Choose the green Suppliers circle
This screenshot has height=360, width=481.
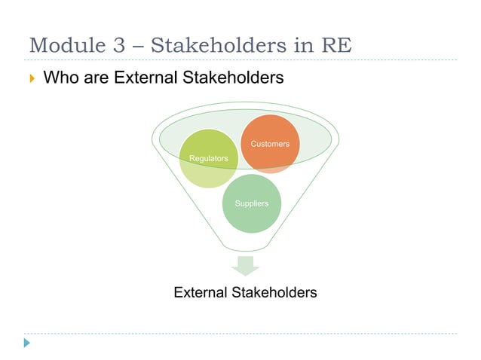click(251, 204)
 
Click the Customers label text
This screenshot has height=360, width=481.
click(270, 143)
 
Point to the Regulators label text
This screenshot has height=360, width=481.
click(208, 158)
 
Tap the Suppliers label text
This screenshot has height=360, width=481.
click(251, 204)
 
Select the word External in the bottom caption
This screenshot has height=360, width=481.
click(201, 292)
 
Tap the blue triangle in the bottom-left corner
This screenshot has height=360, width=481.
click(27, 343)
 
